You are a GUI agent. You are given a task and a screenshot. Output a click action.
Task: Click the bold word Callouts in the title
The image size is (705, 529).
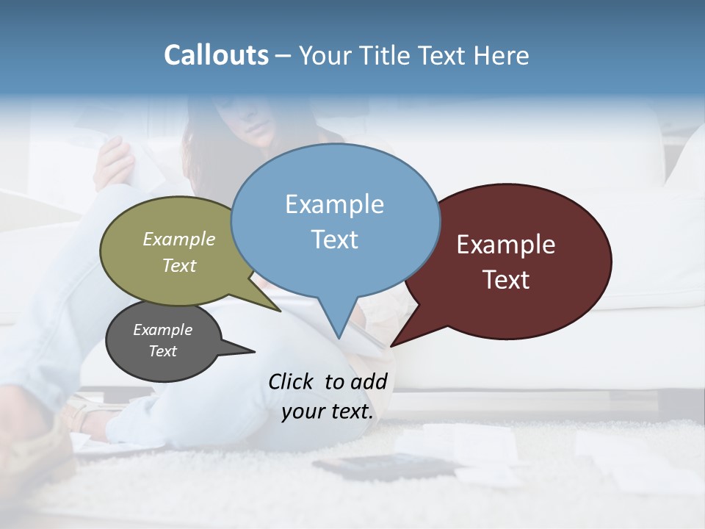[x=216, y=55]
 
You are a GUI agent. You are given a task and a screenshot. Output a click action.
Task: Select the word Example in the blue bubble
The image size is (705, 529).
[x=334, y=204]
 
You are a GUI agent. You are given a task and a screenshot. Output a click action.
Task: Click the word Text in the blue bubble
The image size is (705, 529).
[x=334, y=240]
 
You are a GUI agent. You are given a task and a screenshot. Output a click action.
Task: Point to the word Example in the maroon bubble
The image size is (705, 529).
[x=506, y=245]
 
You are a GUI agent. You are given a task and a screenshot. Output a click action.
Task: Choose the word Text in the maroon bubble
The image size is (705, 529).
[x=506, y=280]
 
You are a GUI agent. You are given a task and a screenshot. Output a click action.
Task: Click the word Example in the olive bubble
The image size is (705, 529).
[x=179, y=239]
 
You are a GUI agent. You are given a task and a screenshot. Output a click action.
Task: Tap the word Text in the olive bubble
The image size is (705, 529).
[x=179, y=265]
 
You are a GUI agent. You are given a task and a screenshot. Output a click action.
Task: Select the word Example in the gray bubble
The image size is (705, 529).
[x=162, y=330]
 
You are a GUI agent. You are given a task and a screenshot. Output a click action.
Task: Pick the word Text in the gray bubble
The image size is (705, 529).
[x=162, y=351]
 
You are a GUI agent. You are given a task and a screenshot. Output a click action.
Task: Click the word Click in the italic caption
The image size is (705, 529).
[x=291, y=381]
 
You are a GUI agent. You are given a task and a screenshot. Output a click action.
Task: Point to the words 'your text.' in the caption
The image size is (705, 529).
[x=328, y=411]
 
